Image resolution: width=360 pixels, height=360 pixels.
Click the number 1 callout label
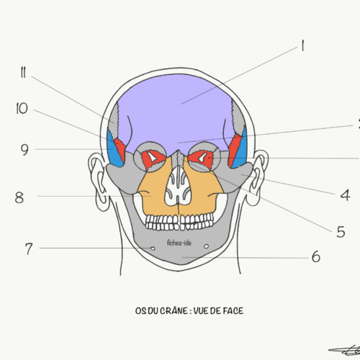(302, 45)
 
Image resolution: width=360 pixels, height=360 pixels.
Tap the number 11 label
(23, 72)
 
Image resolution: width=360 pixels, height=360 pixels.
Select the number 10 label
(22, 108)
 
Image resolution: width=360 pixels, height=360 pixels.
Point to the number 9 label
(24, 150)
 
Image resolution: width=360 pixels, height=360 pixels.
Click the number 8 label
(19, 198)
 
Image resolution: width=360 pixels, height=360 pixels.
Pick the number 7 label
(29, 249)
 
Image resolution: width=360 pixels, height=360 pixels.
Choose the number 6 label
(316, 256)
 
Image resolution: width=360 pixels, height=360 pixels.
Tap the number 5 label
(341, 232)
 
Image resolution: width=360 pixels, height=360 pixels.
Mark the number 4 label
(346, 195)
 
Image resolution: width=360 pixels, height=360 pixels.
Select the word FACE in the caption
(233, 311)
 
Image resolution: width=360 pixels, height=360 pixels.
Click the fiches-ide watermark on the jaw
(179, 243)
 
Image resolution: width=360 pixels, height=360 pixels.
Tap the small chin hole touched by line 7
(153, 248)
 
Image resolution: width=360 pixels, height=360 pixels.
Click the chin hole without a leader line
(206, 246)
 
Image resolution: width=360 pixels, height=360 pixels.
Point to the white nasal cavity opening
(178, 186)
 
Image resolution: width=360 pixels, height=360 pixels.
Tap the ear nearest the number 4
(258, 178)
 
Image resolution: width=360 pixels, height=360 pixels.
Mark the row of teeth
(179, 222)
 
